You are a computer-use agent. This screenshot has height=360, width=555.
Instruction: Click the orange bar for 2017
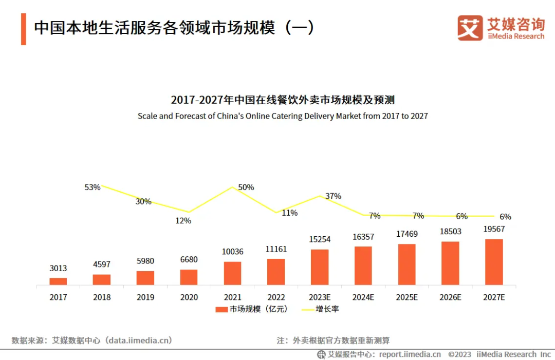tap(58, 281)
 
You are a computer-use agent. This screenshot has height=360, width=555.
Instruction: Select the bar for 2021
tap(232, 273)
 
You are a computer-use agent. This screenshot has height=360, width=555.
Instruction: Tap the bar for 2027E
tap(494, 262)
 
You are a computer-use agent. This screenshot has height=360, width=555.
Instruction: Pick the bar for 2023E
tap(320, 267)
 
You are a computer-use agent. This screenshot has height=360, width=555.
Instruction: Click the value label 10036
tap(232, 252)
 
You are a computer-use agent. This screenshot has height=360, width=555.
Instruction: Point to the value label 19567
tap(494, 229)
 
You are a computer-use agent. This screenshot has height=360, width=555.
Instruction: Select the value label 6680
tap(189, 259)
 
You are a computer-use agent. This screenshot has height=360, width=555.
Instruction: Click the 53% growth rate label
tap(92, 187)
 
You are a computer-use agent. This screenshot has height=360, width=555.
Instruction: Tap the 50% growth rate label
tap(246, 187)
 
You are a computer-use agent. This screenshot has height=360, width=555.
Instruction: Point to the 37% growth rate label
tap(333, 196)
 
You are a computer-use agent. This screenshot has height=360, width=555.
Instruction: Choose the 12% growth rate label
tap(183, 221)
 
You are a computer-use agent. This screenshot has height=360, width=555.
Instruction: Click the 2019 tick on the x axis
tap(145, 297)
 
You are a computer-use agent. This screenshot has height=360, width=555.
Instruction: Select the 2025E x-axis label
tap(406, 297)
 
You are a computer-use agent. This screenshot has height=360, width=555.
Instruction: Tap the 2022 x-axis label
tap(276, 297)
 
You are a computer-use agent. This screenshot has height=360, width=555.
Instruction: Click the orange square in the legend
tap(221, 309)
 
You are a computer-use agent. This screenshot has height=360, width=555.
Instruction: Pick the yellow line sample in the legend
tap(307, 309)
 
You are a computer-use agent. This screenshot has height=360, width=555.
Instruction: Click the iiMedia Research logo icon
tap(470, 28)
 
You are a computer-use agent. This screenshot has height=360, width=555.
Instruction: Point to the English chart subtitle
tap(283, 116)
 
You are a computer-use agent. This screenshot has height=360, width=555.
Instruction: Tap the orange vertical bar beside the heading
tap(24, 29)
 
